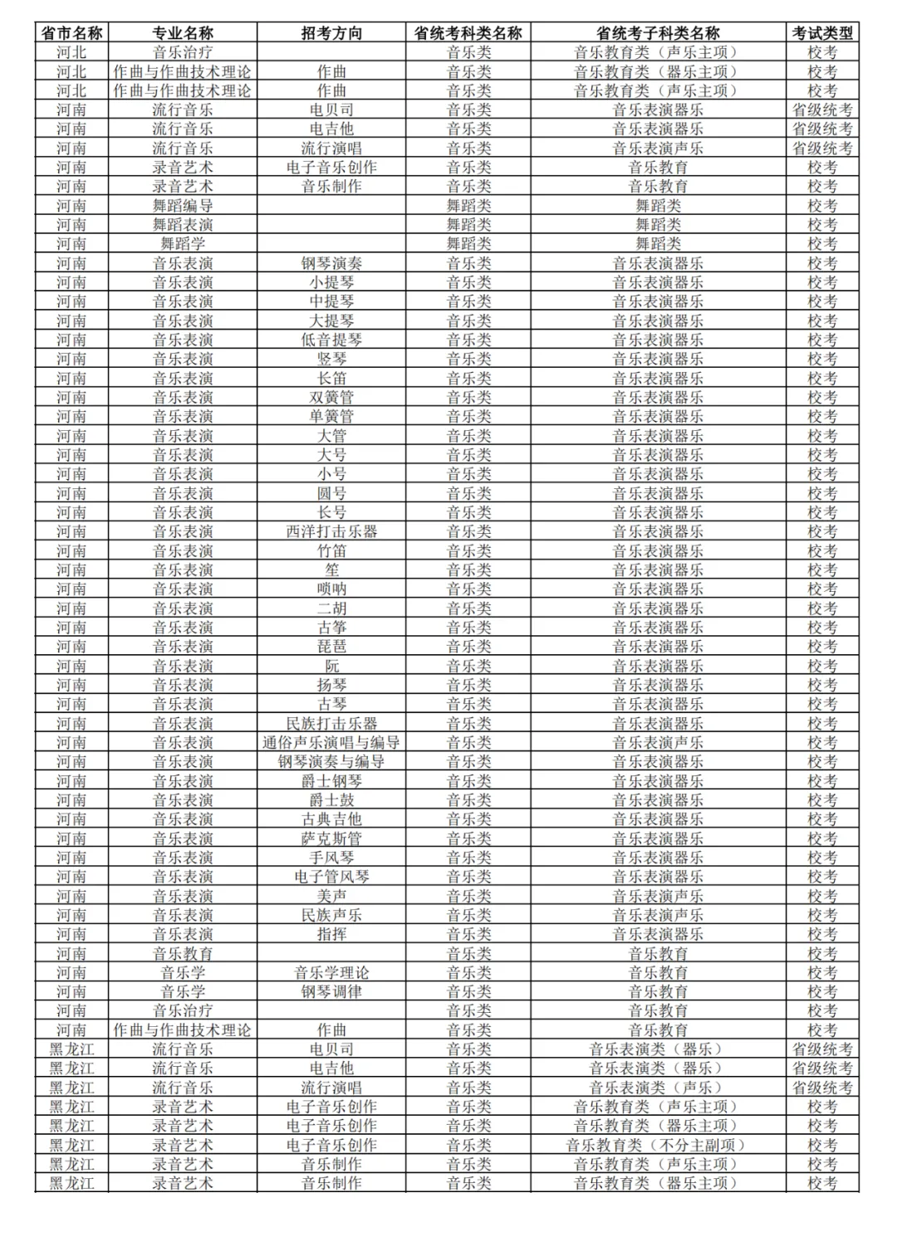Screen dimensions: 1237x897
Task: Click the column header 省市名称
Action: coord(71,33)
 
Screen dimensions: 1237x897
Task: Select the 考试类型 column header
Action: coord(821,33)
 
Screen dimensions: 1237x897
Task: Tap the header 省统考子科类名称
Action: coord(658,33)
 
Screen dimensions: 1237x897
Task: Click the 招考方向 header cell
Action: coord(331,33)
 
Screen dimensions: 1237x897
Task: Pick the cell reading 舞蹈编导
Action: coord(183,206)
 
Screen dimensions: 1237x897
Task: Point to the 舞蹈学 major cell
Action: coord(183,244)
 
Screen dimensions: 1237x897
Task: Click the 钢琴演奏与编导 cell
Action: coord(331,762)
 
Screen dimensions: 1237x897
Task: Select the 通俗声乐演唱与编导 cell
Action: coord(331,743)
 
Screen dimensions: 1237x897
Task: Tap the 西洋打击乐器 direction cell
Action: coord(331,532)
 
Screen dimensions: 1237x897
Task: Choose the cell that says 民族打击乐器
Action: coord(331,724)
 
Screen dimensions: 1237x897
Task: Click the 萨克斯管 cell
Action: coord(331,839)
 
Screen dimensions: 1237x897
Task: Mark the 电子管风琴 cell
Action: coord(331,877)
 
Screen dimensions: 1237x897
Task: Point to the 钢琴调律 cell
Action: coord(331,992)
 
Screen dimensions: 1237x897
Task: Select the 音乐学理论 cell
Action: coord(331,973)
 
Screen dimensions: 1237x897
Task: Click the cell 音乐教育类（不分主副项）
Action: coord(658,1146)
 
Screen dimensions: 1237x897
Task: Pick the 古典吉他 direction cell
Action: coord(331,819)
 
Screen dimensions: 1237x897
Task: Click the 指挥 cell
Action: coord(331,935)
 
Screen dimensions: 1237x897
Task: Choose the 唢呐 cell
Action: coord(331,589)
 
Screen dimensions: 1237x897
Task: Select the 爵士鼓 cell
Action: coord(331,800)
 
